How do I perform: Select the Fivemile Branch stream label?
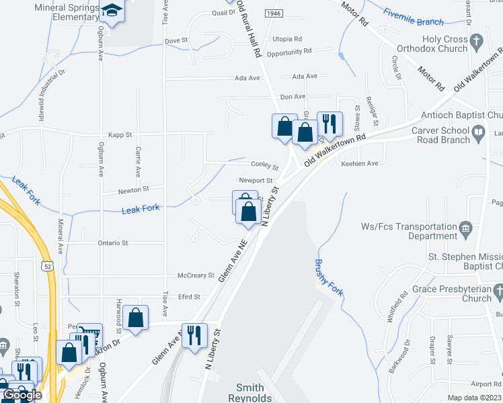pos(414,17)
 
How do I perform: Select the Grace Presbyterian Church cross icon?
pos(498,291)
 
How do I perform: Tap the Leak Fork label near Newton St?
pos(141,209)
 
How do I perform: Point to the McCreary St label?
pos(195,275)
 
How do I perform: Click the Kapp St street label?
pos(117,134)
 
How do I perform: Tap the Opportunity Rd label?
pos(289,52)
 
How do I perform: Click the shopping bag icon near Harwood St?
pos(136,317)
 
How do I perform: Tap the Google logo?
pos(22,395)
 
